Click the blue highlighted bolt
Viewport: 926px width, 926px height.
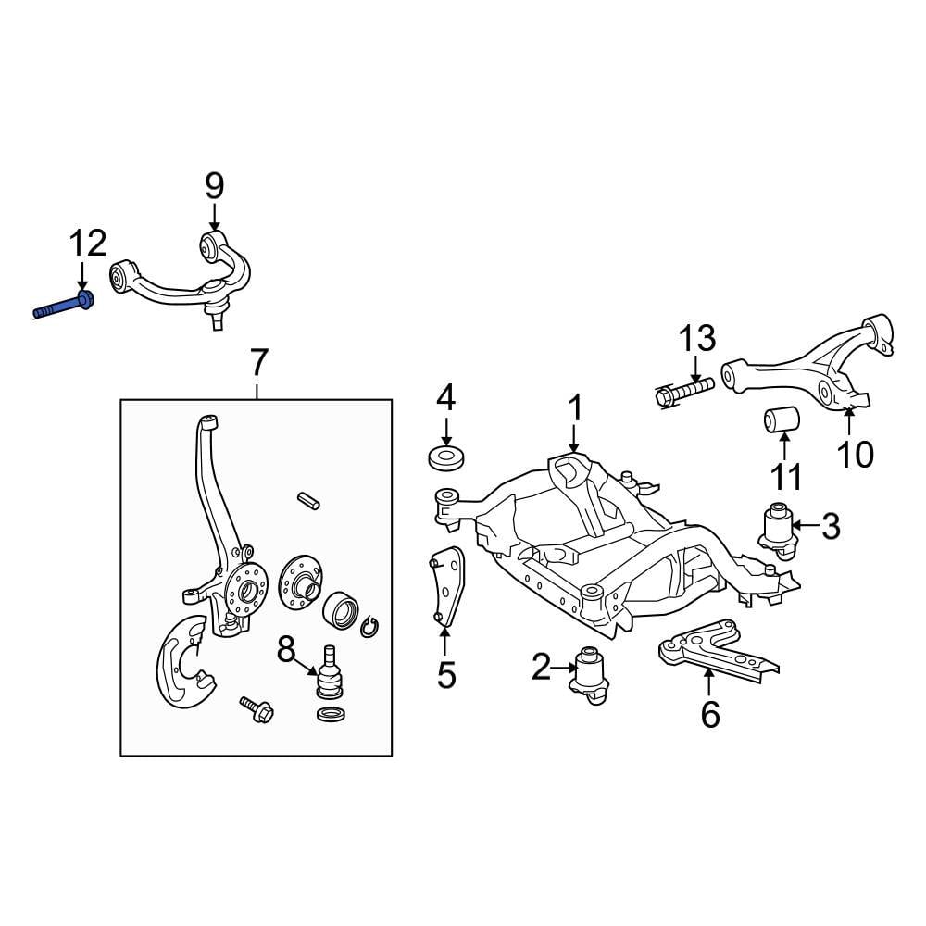pyautogui.click(x=63, y=306)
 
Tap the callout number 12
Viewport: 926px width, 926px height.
pyautogui.click(x=87, y=244)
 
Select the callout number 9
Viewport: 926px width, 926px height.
pyautogui.click(x=214, y=186)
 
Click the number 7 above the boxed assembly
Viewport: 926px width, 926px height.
pyautogui.click(x=258, y=361)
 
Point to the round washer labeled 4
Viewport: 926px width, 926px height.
pyautogui.click(x=446, y=457)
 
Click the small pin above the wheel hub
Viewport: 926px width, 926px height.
pyautogui.click(x=308, y=500)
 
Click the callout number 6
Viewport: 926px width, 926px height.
pyautogui.click(x=709, y=714)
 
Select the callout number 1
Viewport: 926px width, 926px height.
pyautogui.click(x=575, y=407)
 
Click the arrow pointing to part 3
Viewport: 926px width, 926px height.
pyautogui.click(x=806, y=526)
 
